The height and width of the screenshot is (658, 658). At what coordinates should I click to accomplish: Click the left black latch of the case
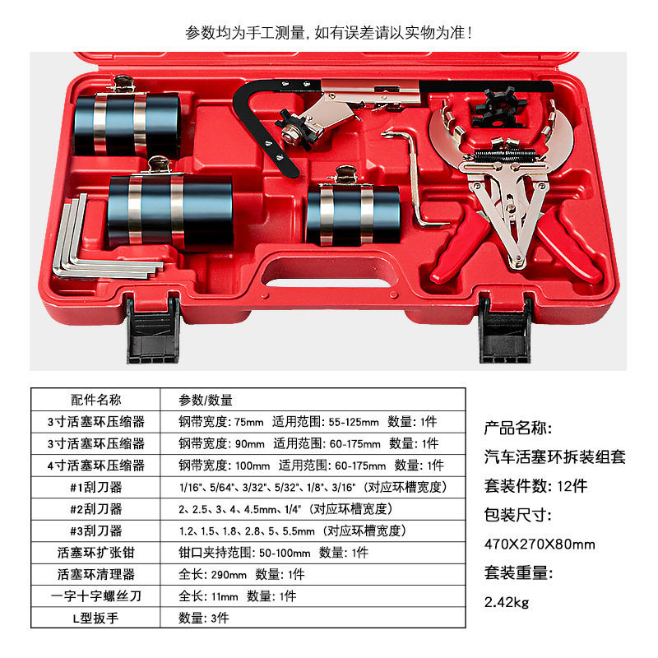point(153,330)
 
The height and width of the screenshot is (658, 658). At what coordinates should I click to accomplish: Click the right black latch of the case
point(506,330)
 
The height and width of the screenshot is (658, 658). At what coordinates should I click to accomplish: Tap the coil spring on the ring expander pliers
point(505,155)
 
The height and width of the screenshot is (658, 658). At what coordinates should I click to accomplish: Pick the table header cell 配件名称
point(95,400)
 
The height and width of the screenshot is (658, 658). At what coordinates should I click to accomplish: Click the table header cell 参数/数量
point(206,400)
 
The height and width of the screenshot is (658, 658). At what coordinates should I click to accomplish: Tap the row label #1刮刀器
point(95,487)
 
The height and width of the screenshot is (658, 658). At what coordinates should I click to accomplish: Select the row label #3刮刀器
point(95,531)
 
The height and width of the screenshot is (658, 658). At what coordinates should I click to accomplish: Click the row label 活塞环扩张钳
point(95,553)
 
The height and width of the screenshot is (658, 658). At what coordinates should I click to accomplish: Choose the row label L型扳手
point(95,619)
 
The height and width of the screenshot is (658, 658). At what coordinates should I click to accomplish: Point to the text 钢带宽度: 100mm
point(224,466)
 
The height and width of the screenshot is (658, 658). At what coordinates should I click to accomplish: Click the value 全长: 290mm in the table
point(213,574)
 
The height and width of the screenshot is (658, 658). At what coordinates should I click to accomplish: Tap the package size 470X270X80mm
point(540,544)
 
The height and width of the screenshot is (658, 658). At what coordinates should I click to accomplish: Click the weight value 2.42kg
point(507,603)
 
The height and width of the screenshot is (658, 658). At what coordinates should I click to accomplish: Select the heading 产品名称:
point(518,428)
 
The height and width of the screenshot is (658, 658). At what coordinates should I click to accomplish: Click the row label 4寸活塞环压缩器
point(95,466)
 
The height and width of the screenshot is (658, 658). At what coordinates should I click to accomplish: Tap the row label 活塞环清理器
point(95,574)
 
